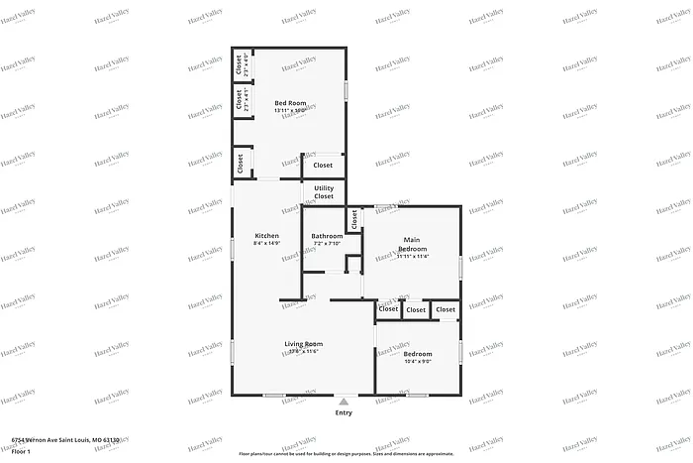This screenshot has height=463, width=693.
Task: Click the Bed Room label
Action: tap(290, 103)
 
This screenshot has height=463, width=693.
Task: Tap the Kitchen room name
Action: tap(266, 236)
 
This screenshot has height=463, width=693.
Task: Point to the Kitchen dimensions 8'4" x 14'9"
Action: tap(266, 244)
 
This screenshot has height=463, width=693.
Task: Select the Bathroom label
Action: tap(327, 236)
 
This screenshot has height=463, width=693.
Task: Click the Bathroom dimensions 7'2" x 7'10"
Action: tap(327, 244)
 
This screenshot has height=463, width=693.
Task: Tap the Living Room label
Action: tap(304, 344)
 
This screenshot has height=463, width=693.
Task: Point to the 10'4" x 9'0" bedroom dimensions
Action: tap(418, 361)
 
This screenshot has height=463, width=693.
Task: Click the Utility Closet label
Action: tap(324, 192)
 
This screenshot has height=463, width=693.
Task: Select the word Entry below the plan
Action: tap(344, 412)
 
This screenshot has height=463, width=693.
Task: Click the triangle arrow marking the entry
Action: tap(344, 402)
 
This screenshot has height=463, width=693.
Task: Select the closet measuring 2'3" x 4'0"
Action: tap(241, 66)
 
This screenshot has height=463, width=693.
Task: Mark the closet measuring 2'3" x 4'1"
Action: tap(241, 100)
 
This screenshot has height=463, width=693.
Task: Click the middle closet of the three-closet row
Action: tap(416, 310)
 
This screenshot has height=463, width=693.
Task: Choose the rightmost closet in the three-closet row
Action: tap(445, 310)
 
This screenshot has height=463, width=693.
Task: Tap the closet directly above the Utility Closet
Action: tap(323, 166)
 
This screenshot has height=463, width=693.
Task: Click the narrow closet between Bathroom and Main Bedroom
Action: tap(352, 218)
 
